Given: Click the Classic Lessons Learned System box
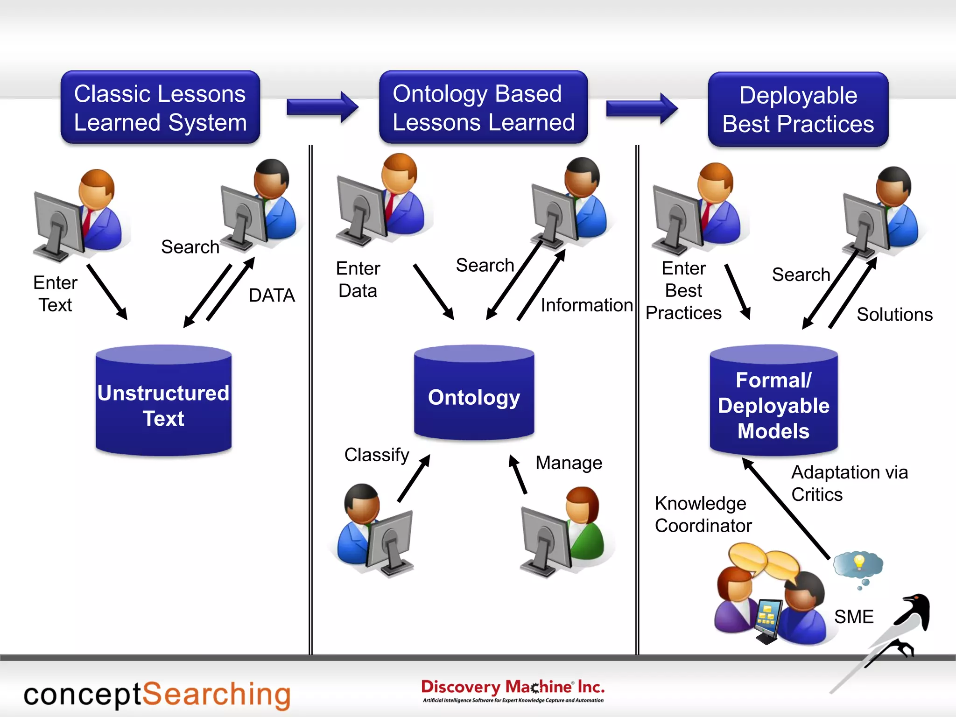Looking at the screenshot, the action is pyautogui.click(x=160, y=107).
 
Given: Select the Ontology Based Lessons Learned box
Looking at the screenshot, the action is pyautogui.click(x=483, y=107).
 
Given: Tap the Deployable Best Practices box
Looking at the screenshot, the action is pyautogui.click(x=798, y=109).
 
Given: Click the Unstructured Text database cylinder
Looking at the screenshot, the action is pyautogui.click(x=163, y=401).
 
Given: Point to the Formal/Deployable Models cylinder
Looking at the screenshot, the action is pyautogui.click(x=773, y=401).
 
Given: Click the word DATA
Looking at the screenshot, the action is pyautogui.click(x=272, y=295).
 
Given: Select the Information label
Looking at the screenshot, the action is pyautogui.click(x=586, y=305).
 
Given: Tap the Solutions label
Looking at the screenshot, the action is pyautogui.click(x=894, y=315).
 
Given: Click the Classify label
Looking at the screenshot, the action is pyautogui.click(x=376, y=455).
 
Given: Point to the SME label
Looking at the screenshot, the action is pyautogui.click(x=853, y=617).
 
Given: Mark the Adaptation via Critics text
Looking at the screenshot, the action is pyautogui.click(x=849, y=483).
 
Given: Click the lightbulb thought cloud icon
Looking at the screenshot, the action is pyautogui.click(x=858, y=565).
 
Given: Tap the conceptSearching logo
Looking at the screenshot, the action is pyautogui.click(x=157, y=695).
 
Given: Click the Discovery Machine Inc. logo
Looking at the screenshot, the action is pyautogui.click(x=513, y=690).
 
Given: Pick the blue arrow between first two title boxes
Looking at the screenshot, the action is pyautogui.click(x=322, y=107).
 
